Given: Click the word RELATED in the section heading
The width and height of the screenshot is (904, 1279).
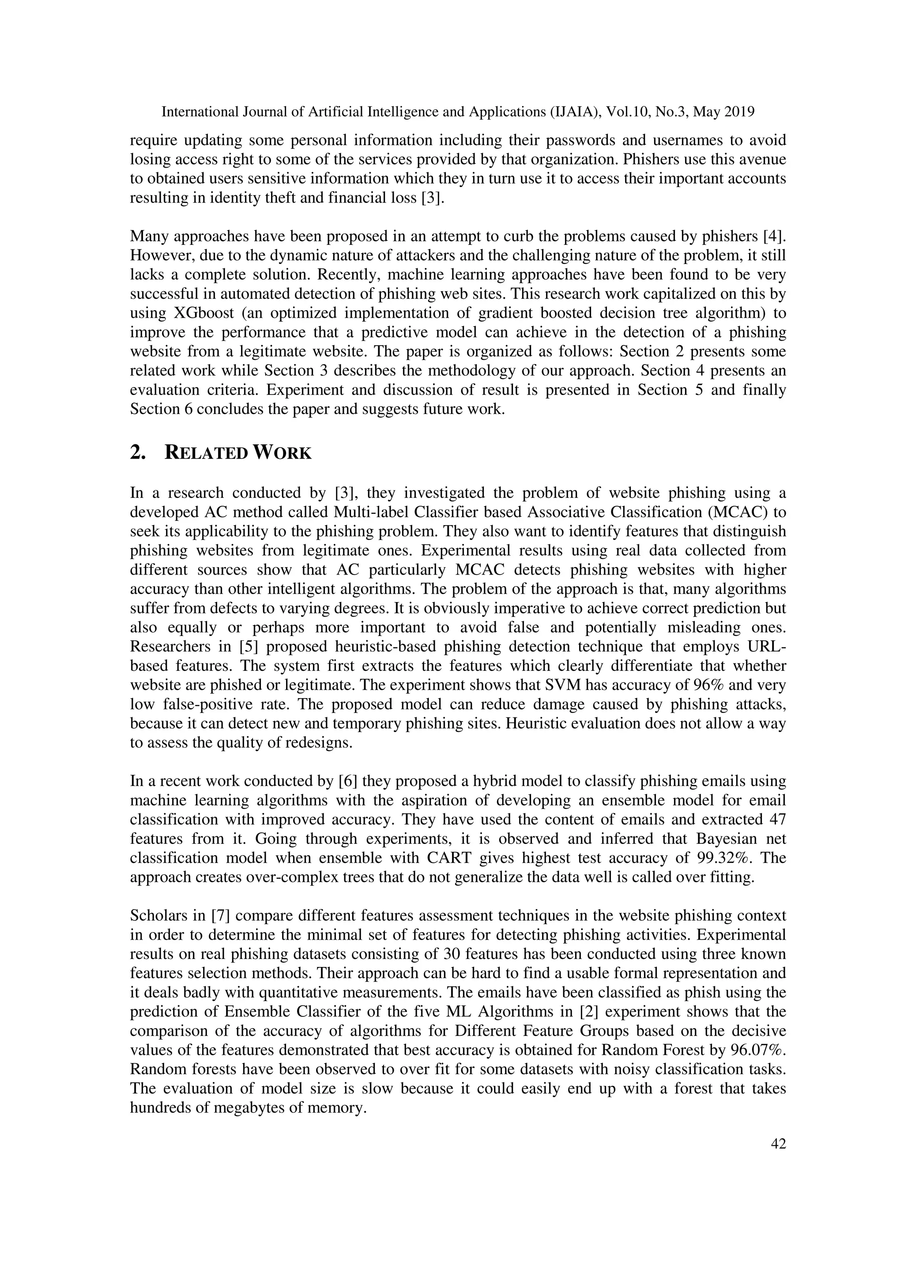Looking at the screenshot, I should tap(206, 453).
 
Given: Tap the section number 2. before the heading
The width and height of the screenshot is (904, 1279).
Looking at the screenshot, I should tap(138, 453).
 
